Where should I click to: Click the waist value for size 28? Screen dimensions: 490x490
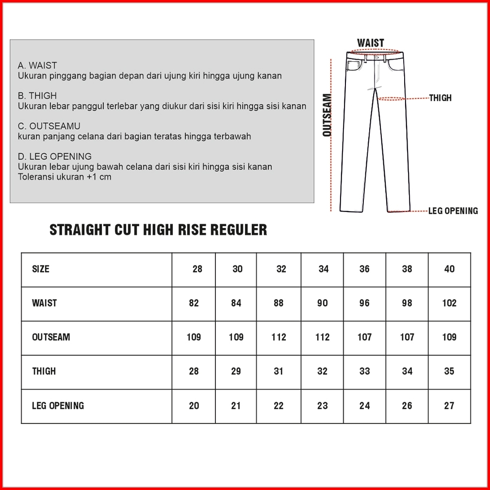click(x=194, y=303)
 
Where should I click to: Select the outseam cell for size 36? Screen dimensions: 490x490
click(x=364, y=337)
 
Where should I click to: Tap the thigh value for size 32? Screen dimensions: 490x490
click(x=278, y=371)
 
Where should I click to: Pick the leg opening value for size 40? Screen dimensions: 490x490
click(x=449, y=406)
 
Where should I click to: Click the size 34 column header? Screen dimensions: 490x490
click(x=324, y=269)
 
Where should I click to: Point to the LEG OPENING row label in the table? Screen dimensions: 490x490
click(x=58, y=406)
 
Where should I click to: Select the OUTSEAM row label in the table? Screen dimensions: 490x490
click(x=51, y=337)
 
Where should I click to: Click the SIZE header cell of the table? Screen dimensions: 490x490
click(x=41, y=269)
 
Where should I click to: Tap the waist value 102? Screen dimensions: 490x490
click(x=449, y=303)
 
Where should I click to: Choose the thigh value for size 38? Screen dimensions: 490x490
click(x=407, y=371)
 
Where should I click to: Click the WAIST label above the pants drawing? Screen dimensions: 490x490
click(x=371, y=43)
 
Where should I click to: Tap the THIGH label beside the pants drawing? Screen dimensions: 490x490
click(x=440, y=98)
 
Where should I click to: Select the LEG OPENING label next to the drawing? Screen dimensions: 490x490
click(x=453, y=211)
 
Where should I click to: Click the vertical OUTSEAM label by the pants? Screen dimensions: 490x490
click(x=327, y=115)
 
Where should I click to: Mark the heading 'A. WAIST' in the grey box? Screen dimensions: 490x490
click(x=37, y=65)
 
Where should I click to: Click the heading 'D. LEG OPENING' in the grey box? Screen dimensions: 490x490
click(x=54, y=156)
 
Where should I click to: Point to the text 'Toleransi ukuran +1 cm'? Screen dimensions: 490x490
click(x=65, y=177)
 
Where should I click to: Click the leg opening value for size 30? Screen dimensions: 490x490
click(x=236, y=406)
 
